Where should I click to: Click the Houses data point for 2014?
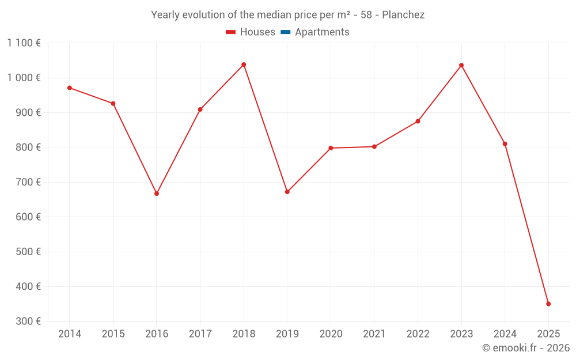[70, 88]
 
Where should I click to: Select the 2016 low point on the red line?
[157, 194]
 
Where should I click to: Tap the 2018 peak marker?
[244, 65]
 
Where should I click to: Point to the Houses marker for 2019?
[287, 192]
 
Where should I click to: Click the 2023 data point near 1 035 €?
[461, 65]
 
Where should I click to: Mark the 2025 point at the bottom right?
[548, 304]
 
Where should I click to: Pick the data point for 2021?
[374, 147]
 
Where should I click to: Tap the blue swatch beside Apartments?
[285, 32]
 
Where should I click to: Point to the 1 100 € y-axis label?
[24, 43]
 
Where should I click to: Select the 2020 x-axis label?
[331, 334]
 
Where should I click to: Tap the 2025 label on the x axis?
[548, 334]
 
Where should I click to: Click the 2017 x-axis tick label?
[200, 334]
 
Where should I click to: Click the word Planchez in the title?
[403, 15]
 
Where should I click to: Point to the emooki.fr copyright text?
[526, 348]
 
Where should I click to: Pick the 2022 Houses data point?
[418, 122]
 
